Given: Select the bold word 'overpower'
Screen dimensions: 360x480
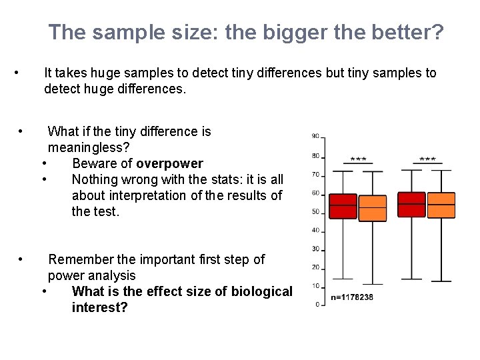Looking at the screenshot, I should coord(169,164).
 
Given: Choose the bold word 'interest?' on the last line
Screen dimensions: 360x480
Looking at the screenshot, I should coord(99,307).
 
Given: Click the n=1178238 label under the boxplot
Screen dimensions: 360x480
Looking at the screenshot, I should coord(353,298).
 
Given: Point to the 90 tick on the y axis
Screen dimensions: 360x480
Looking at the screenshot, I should coord(315,137).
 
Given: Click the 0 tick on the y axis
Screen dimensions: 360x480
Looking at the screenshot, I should coord(317,305).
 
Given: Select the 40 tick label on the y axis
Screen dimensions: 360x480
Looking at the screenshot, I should coord(315,231).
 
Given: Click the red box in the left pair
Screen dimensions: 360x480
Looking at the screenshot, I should coord(344,207).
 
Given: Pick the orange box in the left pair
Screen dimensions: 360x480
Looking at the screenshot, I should coord(372,209).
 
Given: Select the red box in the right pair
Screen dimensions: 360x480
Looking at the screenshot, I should coord(411,205).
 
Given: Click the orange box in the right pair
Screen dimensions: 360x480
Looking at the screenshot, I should coord(441,205).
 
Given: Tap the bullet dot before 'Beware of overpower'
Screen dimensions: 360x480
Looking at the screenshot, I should coord(43,164).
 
